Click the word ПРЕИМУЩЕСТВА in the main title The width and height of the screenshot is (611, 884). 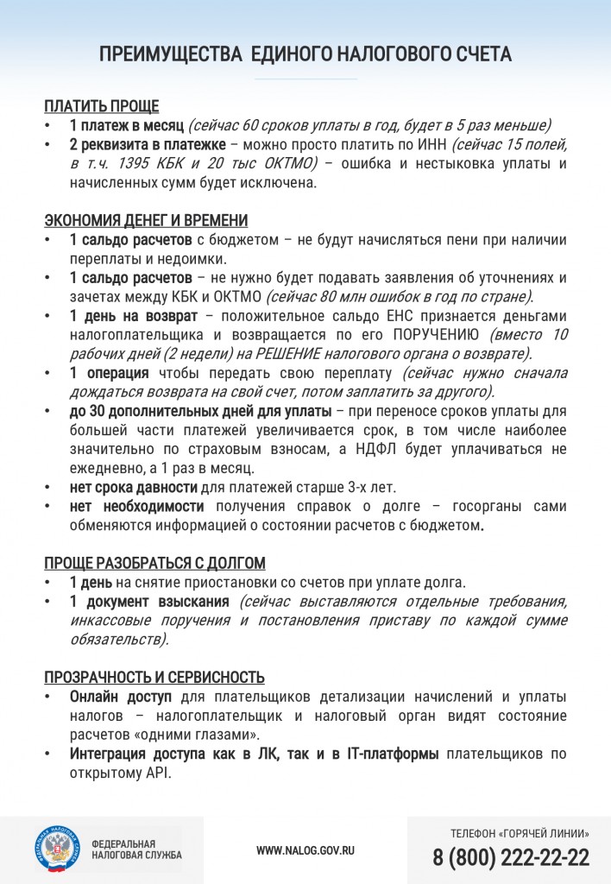[x=170, y=54]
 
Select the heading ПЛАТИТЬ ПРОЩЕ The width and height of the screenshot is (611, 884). [x=102, y=107]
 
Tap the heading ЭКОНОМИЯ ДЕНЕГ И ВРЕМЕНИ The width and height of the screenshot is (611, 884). [x=146, y=220]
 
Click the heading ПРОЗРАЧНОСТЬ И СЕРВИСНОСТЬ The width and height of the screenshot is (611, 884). [x=154, y=677]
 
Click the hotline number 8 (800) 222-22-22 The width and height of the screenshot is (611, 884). [x=511, y=857]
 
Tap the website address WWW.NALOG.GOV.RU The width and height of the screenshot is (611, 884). [x=305, y=850]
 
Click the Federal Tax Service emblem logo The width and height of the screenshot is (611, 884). [x=58, y=849]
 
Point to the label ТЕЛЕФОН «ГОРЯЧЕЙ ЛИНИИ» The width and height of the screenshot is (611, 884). [x=520, y=834]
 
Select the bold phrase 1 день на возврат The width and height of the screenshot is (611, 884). [x=134, y=315]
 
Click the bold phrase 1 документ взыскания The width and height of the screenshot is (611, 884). [x=149, y=601]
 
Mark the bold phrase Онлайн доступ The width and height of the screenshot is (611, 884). [x=121, y=696]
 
